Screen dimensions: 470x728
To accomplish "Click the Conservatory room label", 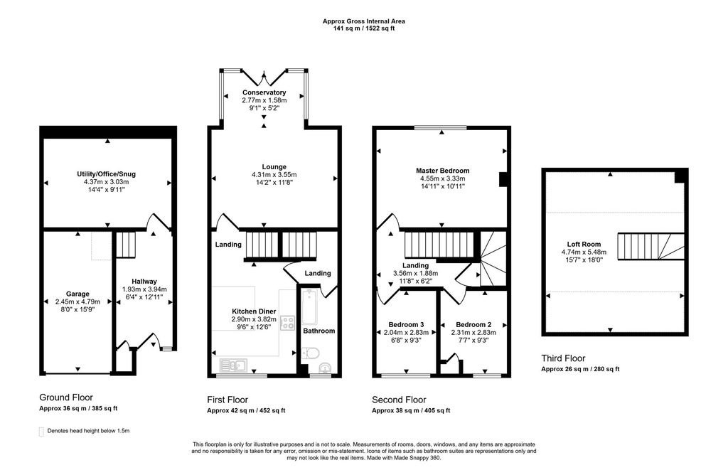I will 264,92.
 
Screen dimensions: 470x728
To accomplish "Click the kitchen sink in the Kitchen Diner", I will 232,365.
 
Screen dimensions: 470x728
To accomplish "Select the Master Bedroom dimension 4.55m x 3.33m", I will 442,179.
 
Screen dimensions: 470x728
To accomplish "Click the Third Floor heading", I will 563,358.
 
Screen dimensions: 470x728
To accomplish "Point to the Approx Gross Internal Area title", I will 363,21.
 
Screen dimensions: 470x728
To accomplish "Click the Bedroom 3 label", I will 407,323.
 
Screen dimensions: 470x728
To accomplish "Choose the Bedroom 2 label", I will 474,323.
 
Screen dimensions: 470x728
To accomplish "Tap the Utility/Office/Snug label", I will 107,173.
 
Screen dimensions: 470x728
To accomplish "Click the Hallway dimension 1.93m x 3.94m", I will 144,289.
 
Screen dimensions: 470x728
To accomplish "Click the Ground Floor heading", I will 65,397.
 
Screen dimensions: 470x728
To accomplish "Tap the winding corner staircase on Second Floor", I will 491,260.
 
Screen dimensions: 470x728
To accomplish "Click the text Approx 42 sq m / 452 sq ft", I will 245,410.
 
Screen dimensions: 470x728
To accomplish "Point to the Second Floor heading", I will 399,400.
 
